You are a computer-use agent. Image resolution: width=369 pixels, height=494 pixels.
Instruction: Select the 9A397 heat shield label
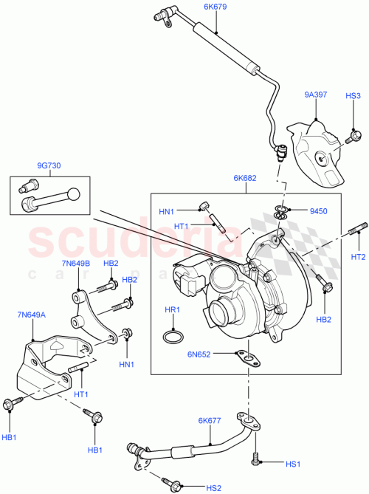(315, 95)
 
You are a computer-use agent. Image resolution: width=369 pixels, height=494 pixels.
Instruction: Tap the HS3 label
(354, 96)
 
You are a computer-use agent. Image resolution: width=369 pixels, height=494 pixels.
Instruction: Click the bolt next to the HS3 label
(354, 135)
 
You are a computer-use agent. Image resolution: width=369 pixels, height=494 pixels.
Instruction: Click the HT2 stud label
(359, 257)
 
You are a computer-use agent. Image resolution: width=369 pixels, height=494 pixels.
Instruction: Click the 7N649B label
(77, 264)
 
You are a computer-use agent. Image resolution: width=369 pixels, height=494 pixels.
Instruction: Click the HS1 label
(293, 464)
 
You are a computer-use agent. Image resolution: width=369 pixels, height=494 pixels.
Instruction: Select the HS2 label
(213, 488)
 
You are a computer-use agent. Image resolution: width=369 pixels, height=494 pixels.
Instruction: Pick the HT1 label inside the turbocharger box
(182, 226)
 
